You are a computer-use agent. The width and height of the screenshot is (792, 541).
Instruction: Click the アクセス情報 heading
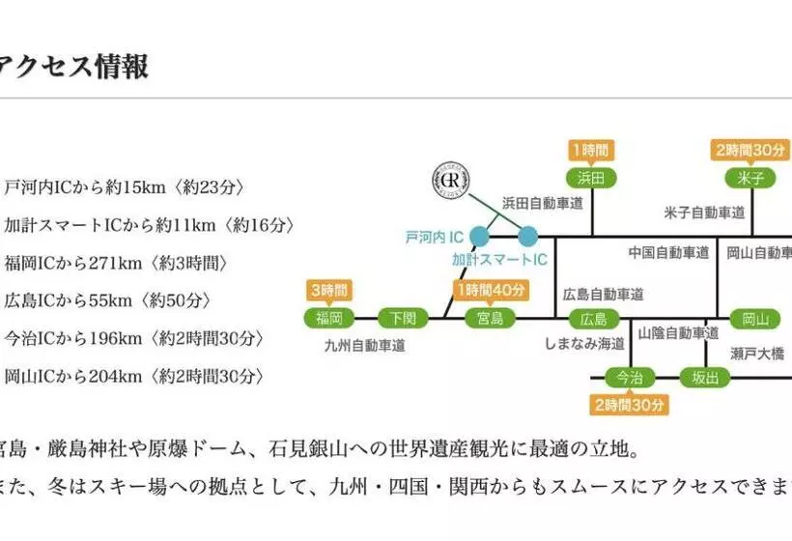[74, 66]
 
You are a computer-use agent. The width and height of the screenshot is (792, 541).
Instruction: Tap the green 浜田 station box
[591, 178]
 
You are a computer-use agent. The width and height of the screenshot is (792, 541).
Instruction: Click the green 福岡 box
[329, 317]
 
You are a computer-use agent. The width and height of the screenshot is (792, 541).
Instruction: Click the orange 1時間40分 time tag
[493, 290]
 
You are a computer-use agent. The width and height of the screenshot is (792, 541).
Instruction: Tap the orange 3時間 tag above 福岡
[328, 290]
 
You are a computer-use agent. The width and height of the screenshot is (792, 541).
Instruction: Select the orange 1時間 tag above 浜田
[591, 151]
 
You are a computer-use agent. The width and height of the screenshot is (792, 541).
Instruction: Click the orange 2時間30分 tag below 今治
[630, 404]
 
